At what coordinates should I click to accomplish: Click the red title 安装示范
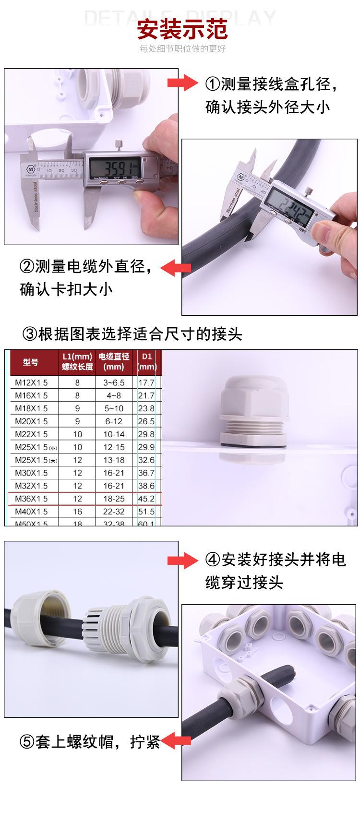pyautogui.click(x=182, y=30)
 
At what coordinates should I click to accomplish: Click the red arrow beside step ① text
pyautogui.click(x=182, y=83)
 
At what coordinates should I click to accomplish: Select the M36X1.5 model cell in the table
pyautogui.click(x=31, y=499)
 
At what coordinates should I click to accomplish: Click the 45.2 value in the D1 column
pyautogui.click(x=146, y=499)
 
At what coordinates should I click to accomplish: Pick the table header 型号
pyautogui.click(x=31, y=362)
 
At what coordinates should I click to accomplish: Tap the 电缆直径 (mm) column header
pyautogui.click(x=114, y=362)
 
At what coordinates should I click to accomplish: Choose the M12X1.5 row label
pyautogui.click(x=31, y=382)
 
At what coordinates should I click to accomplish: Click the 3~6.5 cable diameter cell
pyautogui.click(x=114, y=382)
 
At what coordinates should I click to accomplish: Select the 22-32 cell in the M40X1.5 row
pyautogui.click(x=114, y=512)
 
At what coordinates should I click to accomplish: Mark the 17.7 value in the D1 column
pyautogui.click(x=146, y=382)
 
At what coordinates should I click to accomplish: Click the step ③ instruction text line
pyautogui.click(x=133, y=334)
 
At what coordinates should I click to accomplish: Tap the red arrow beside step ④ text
pyautogui.click(x=182, y=560)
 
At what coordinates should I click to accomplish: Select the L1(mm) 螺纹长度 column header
pyautogui.click(x=77, y=362)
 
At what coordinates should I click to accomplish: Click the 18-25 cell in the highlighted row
pyautogui.click(x=114, y=499)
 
